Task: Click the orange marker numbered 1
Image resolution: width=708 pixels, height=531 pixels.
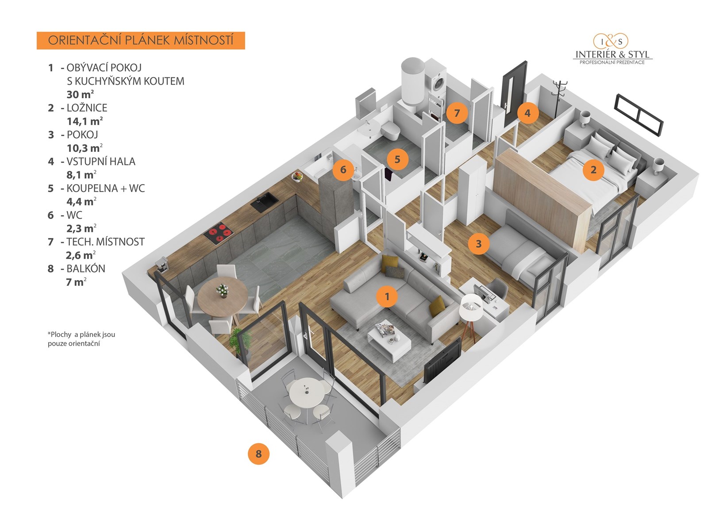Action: [387, 296]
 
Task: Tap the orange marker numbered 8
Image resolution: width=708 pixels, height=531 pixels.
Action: [258, 454]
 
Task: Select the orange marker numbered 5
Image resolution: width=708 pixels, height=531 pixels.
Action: [397, 159]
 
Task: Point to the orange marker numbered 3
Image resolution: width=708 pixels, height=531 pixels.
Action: [478, 243]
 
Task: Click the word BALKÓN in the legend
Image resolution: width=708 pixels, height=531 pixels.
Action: [86, 269]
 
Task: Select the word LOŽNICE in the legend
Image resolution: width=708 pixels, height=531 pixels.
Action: [87, 108]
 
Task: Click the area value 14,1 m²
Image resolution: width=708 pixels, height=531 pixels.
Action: [85, 121]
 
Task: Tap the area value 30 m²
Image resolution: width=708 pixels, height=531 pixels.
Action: [80, 94]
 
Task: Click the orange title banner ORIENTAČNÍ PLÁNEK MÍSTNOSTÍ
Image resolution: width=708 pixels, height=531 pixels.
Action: [141, 40]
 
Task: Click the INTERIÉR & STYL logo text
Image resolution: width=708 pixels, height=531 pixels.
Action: [612, 54]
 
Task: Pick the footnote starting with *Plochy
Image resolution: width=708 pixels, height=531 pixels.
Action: [81, 339]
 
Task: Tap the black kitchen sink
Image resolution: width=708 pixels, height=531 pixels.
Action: [264, 203]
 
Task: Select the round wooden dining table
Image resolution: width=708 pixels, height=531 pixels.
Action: [223, 295]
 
